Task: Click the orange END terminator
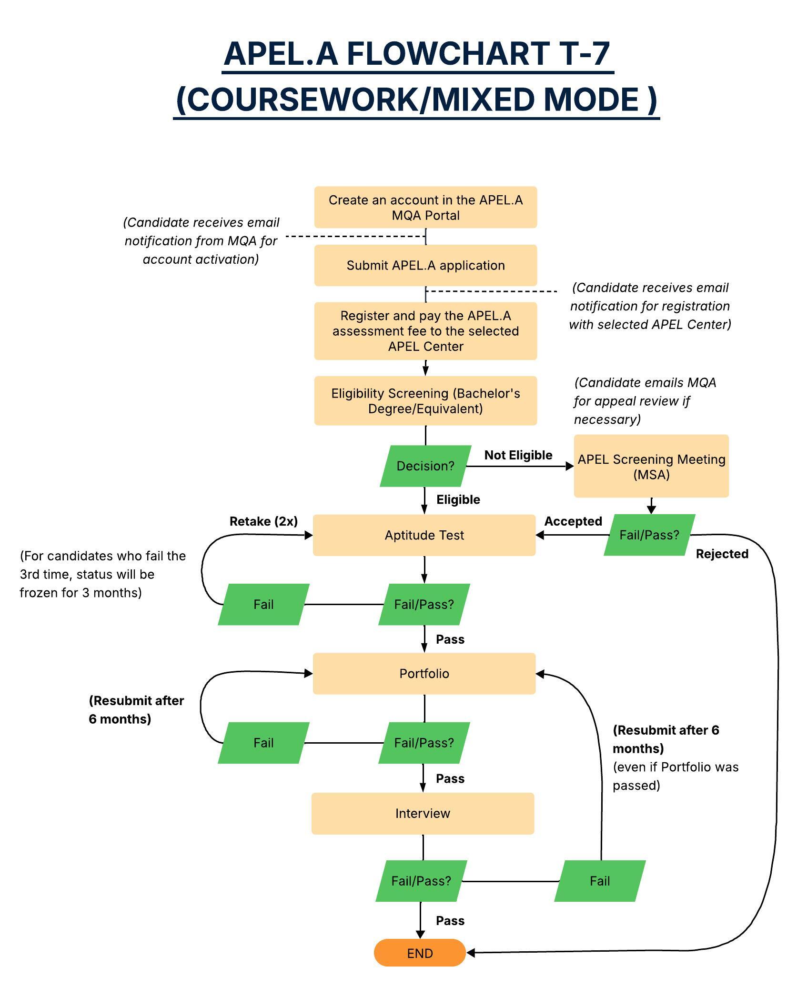pyautogui.click(x=420, y=953)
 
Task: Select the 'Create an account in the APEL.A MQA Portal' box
pyautogui.click(x=425, y=207)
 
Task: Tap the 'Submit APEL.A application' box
pyautogui.click(x=425, y=265)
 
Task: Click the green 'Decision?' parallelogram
pyautogui.click(x=425, y=466)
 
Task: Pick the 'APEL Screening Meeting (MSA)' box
pyautogui.click(x=651, y=466)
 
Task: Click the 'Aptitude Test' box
pyautogui.click(x=424, y=535)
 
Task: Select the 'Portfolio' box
pyautogui.click(x=424, y=673)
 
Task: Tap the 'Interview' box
pyautogui.click(x=423, y=813)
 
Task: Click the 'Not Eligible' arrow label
pyautogui.click(x=518, y=455)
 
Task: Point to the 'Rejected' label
pyautogui.click(x=722, y=554)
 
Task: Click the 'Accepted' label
pyautogui.click(x=573, y=521)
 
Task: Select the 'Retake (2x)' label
pyautogui.click(x=263, y=521)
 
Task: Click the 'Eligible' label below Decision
pyautogui.click(x=458, y=499)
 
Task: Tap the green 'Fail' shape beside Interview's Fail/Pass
pyautogui.click(x=600, y=881)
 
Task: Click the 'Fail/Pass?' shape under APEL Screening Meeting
pyautogui.click(x=649, y=535)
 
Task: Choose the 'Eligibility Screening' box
pyautogui.click(x=425, y=401)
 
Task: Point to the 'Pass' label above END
pyautogui.click(x=450, y=921)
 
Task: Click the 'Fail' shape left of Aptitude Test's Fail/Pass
pyautogui.click(x=263, y=604)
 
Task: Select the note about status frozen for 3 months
pyautogui.click(x=102, y=574)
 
